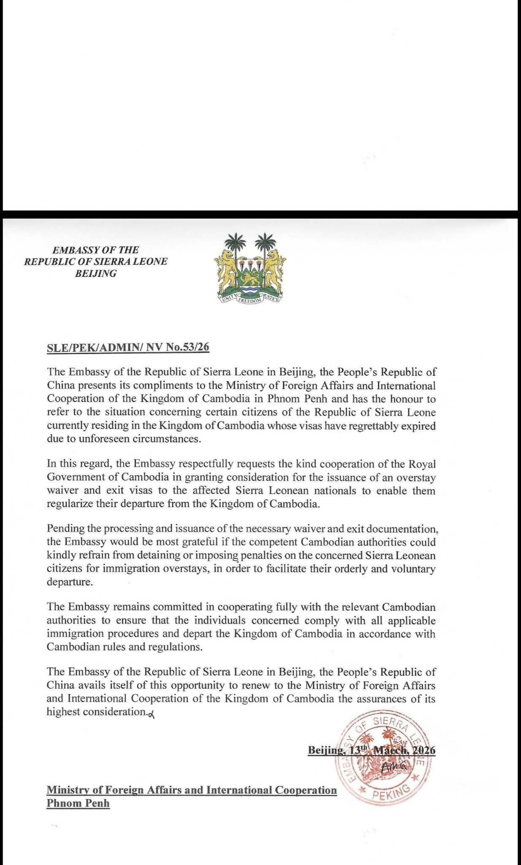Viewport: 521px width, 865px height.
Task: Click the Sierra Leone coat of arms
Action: (250, 269)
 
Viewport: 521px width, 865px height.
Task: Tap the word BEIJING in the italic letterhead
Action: (96, 273)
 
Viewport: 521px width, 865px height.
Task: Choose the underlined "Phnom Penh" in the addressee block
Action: (78, 803)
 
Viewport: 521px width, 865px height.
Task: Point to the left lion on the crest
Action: (225, 268)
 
